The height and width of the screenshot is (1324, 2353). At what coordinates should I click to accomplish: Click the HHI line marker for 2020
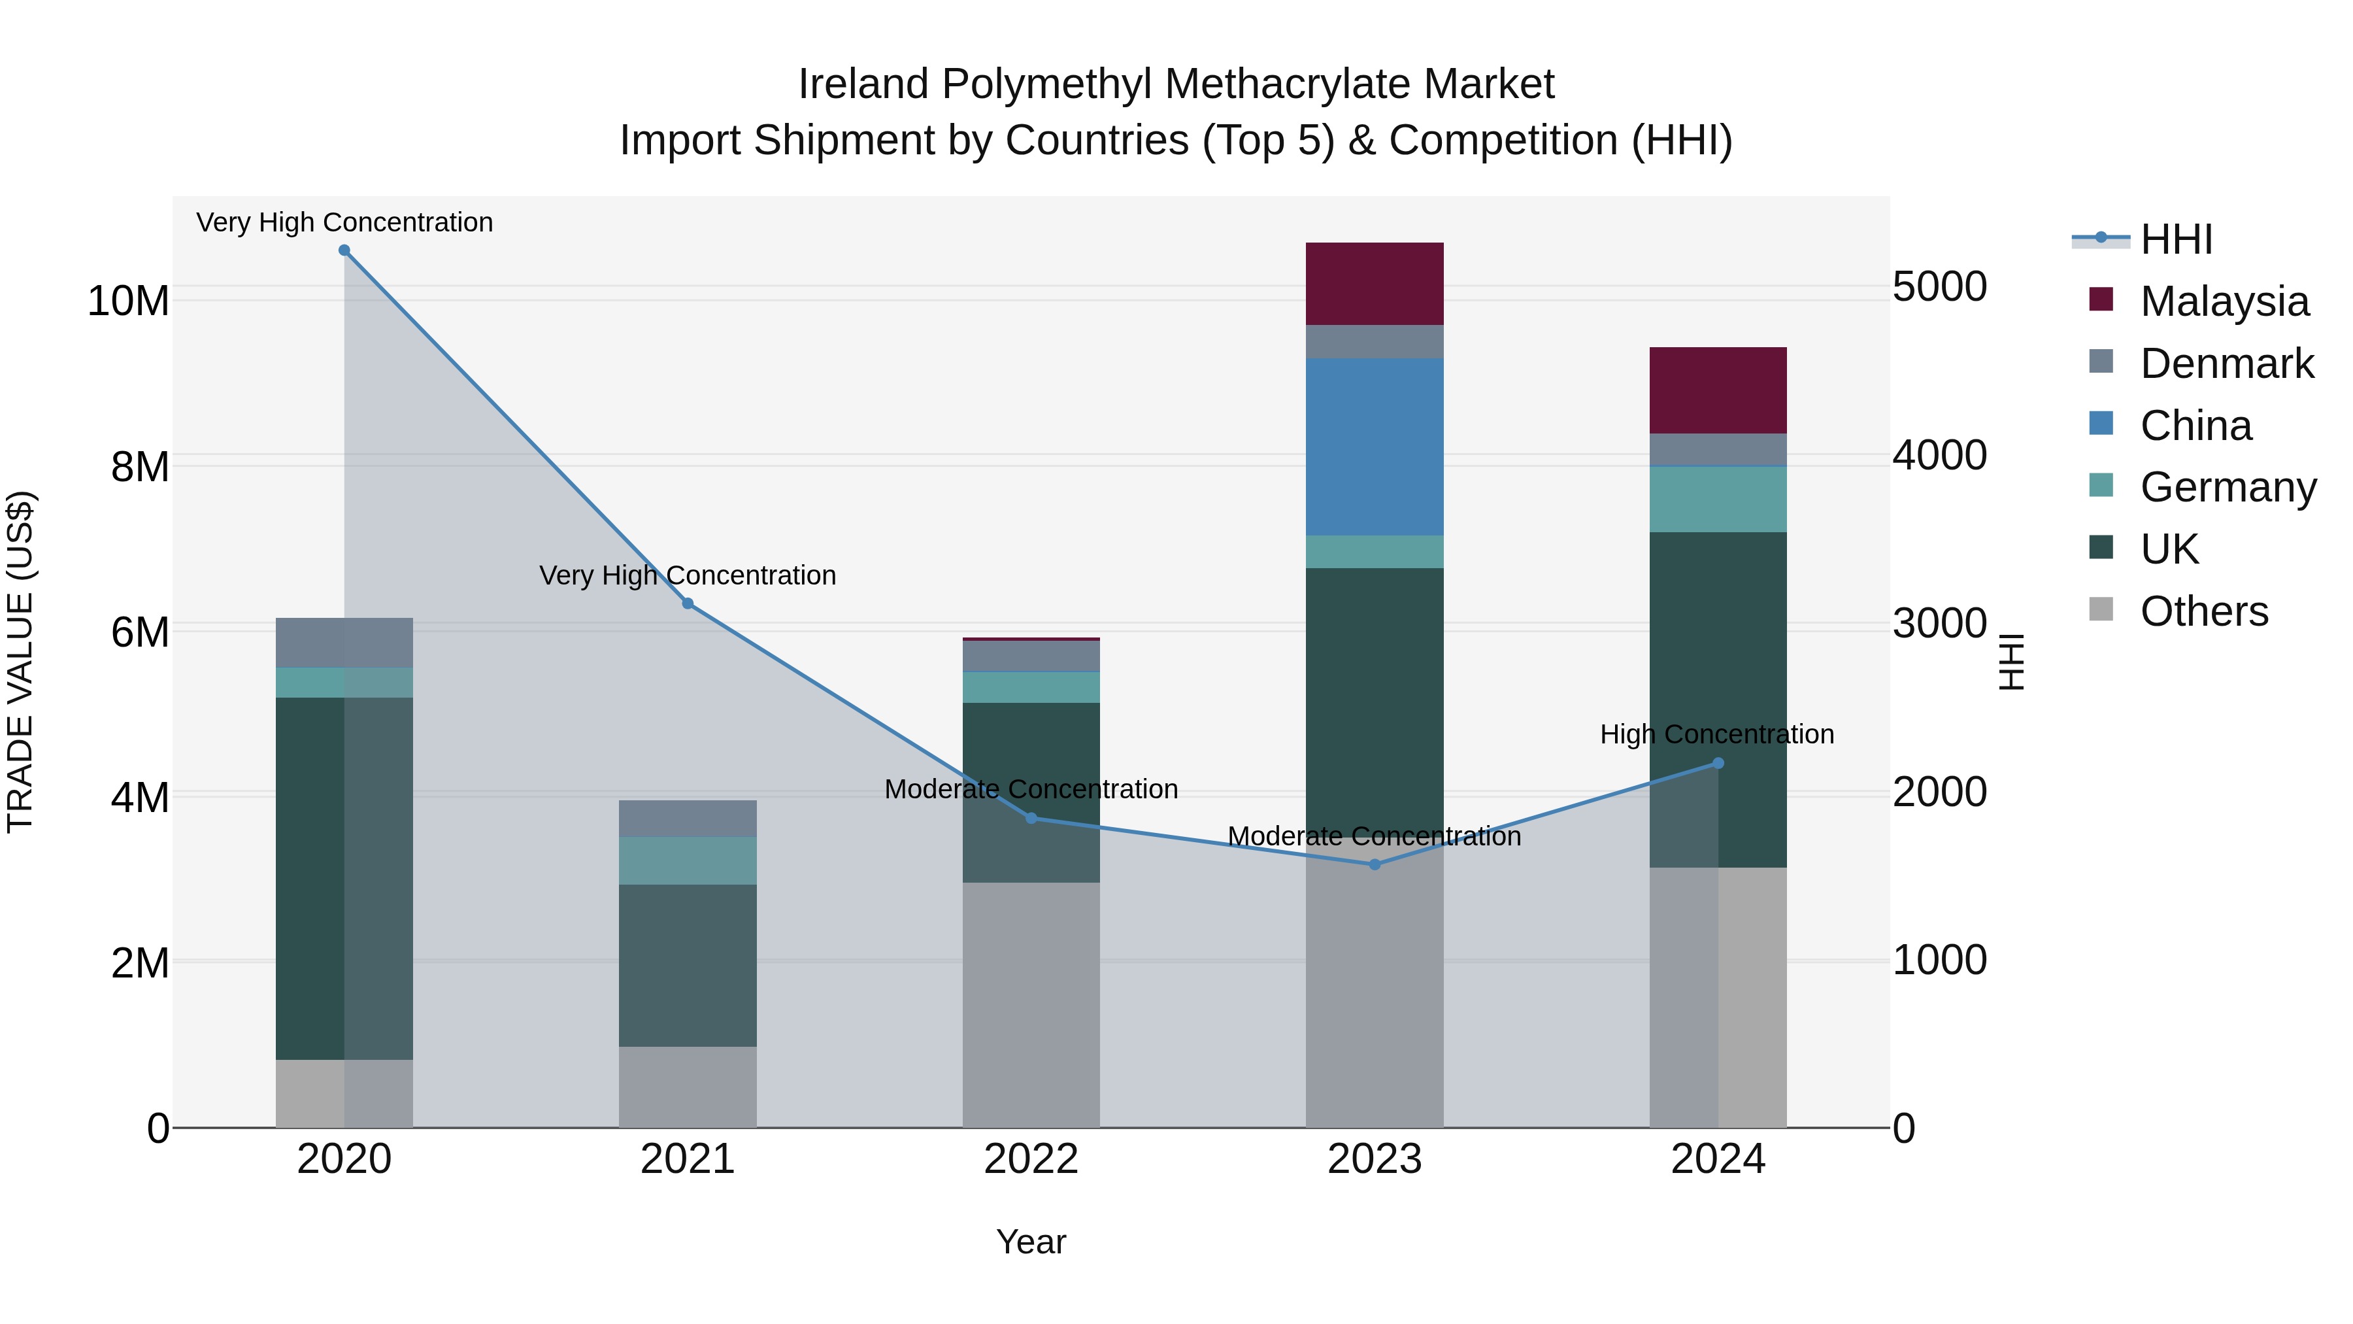pyautogui.click(x=344, y=250)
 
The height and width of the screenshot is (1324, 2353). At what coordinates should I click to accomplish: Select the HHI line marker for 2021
pyautogui.click(x=688, y=604)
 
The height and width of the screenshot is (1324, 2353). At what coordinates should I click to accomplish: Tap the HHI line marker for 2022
pyautogui.click(x=1031, y=819)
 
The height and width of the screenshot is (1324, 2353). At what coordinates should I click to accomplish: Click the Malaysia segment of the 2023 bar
pyautogui.click(x=1375, y=284)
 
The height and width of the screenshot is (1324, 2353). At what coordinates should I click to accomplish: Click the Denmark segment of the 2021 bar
pyautogui.click(x=688, y=819)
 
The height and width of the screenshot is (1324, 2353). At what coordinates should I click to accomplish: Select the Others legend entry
pyautogui.click(x=2203, y=611)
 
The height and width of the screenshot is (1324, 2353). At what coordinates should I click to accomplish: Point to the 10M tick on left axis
pyautogui.click(x=128, y=301)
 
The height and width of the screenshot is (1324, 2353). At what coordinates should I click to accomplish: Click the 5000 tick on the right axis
pyautogui.click(x=1939, y=287)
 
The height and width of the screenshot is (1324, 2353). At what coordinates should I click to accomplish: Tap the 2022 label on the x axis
pyautogui.click(x=1031, y=1159)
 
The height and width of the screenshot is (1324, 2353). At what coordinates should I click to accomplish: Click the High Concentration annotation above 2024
pyautogui.click(x=1716, y=735)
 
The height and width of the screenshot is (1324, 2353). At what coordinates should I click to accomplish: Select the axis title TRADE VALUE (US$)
pyautogui.click(x=20, y=662)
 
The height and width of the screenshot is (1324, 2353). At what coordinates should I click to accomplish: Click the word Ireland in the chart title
pyautogui.click(x=863, y=84)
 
